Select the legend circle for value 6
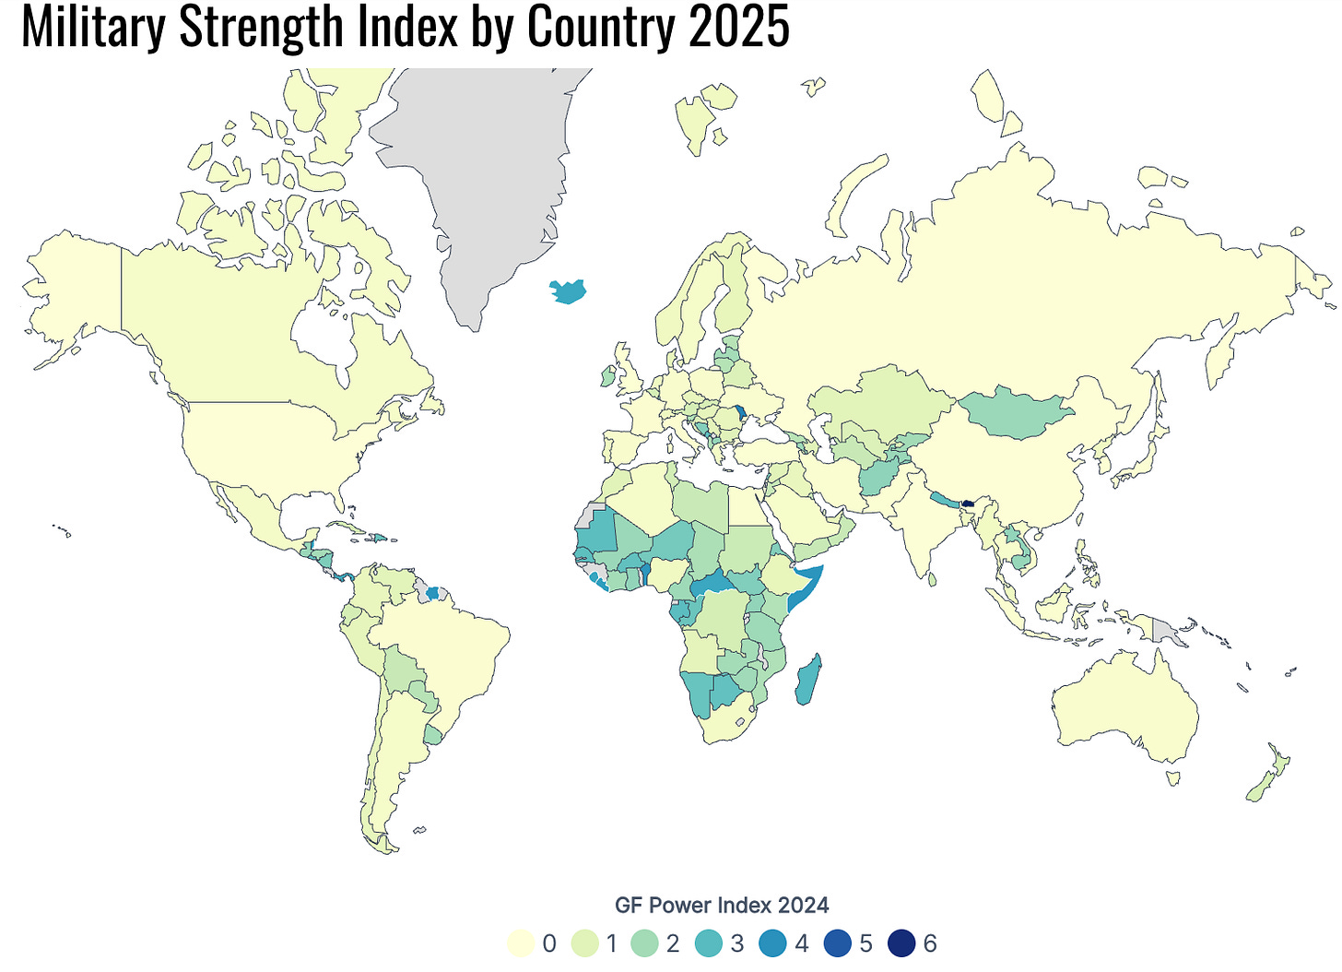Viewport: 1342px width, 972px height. [x=901, y=943]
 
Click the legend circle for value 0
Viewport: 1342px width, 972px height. [x=521, y=943]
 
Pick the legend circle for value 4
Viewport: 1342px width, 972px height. [x=772, y=943]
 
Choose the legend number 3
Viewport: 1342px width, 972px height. [x=736, y=943]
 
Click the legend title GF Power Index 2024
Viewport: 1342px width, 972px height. [x=722, y=905]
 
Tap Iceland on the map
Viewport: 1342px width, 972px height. [x=568, y=292]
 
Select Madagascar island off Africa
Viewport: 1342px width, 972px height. [x=809, y=681]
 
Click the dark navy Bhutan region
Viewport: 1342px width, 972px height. [x=967, y=504]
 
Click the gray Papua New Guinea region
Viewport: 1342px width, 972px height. [x=1166, y=632]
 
